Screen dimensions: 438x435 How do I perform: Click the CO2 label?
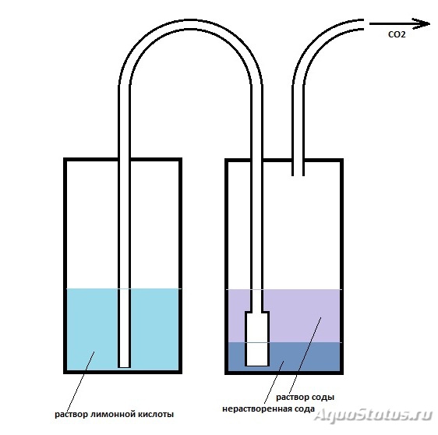coord(397,34)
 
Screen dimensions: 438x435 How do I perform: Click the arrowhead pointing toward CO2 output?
coord(422,23)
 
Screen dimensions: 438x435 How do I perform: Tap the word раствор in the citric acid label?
coord(71,414)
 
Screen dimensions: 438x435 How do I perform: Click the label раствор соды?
coord(305,397)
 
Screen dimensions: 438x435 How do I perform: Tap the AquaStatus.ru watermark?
coord(373,415)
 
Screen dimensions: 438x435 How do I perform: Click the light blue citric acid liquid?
coord(92,329)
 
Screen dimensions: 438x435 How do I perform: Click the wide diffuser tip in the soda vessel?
coord(257,338)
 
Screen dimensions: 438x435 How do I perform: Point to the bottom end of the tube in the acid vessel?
coord(124,366)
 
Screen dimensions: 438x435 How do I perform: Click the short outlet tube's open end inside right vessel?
coord(298,175)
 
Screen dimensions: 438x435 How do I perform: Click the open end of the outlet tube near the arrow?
coord(363,24)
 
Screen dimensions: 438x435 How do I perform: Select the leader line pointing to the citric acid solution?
coord(80,381)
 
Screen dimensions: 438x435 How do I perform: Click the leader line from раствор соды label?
coord(305,355)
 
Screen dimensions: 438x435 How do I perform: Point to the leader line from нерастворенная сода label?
coord(274,383)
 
